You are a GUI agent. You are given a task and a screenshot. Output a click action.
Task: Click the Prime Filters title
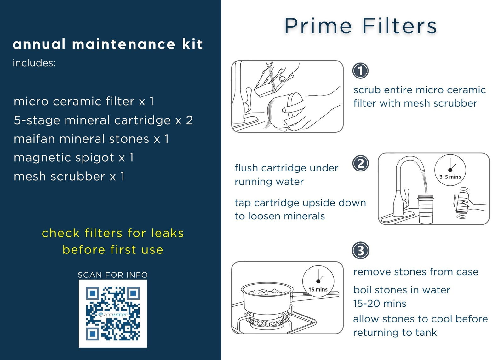coord(360,26)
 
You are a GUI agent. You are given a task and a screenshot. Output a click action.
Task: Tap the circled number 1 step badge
coord(360,71)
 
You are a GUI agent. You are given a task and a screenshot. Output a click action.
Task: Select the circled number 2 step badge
coord(360,164)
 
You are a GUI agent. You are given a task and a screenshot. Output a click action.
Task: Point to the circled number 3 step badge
coord(360,251)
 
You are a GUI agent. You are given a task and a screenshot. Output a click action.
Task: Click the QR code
coord(113,313)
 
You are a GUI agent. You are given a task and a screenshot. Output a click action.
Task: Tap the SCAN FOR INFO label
coord(113,275)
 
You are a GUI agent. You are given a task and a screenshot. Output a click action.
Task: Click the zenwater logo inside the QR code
coord(113,315)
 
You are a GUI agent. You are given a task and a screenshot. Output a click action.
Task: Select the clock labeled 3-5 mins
coord(450,170)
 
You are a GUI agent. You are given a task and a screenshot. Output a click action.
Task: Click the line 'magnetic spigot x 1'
coord(74,158)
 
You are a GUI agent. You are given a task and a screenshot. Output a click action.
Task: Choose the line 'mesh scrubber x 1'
coord(69,177)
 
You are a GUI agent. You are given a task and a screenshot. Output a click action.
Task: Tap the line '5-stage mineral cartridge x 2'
coord(103,120)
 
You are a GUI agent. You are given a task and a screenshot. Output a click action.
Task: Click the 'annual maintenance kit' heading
coord(108,44)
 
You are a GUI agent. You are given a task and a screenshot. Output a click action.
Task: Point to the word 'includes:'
coord(34,63)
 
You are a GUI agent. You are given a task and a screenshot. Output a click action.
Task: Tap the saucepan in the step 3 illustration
coord(268,299)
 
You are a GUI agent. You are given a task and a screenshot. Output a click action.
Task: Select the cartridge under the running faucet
coord(426,209)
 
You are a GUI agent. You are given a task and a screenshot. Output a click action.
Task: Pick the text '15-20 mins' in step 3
coord(380,304)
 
